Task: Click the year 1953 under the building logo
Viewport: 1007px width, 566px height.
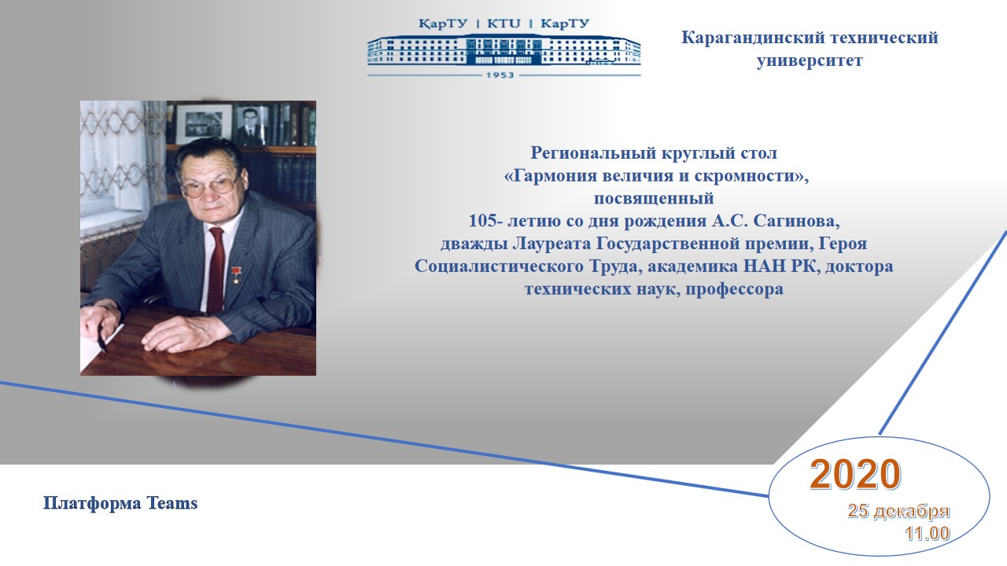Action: pos(500,75)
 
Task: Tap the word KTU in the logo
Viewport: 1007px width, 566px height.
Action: pos(503,24)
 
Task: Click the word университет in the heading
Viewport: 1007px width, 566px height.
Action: pos(810,61)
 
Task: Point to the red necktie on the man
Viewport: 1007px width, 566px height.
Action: pos(216,269)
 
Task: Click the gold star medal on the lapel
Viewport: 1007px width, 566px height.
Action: pos(235,274)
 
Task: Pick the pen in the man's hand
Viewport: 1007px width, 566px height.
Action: pos(101,342)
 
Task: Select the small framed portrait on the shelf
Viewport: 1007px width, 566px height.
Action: pos(251,125)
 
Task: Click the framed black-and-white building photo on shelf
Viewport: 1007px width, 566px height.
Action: pos(203,124)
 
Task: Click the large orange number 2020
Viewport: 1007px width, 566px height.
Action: pos(855,474)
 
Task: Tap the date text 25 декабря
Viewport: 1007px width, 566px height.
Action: pos(898,511)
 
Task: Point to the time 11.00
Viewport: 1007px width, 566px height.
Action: pos(927,533)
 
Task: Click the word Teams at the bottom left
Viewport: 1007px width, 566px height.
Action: pos(172,503)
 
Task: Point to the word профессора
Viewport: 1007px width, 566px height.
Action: pos(734,289)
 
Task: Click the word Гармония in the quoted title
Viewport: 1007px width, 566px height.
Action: pos(552,176)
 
